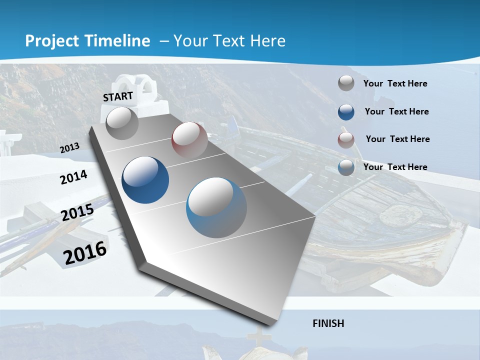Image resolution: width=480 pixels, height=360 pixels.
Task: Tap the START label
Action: [118, 96]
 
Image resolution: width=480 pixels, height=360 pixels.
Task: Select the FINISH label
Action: [328, 323]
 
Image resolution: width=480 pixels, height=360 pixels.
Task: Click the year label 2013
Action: [70, 148]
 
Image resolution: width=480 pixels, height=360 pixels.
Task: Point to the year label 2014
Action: [74, 177]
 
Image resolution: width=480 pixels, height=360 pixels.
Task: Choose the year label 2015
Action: [77, 212]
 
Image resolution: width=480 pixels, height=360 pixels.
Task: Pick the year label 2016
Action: [85, 253]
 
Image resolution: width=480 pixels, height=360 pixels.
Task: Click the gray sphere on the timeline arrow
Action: [122, 123]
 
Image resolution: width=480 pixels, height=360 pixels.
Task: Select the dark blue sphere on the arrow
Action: [145, 179]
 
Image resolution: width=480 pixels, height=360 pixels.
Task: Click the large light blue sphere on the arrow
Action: [216, 207]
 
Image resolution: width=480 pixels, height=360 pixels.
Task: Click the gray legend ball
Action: [346, 83]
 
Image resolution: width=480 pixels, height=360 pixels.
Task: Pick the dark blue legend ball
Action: [346, 111]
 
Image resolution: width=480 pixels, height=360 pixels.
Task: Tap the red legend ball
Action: [346, 139]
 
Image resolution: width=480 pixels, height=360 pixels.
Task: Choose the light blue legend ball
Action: [346, 167]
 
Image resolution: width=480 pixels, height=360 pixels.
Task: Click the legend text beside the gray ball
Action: [395, 83]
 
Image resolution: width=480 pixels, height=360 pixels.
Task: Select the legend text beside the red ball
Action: [397, 139]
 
